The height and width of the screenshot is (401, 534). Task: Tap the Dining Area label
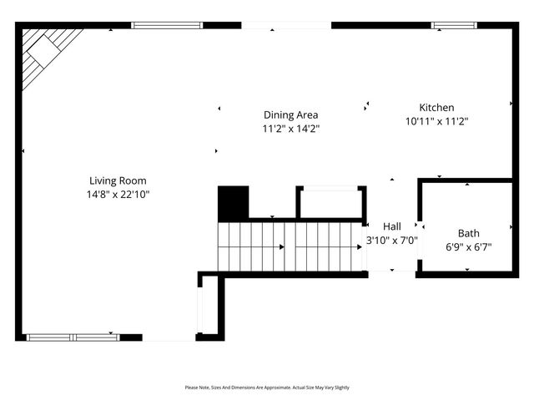tap(290, 115)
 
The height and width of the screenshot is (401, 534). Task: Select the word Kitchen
tap(436, 108)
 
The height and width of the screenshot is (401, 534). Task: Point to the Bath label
tap(468, 233)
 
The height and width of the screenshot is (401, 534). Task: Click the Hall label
tap(392, 226)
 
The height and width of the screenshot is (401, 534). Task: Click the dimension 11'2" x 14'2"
tap(290, 129)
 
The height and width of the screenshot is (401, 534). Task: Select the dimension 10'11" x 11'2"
tap(436, 121)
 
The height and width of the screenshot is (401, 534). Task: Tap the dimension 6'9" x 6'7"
tap(468, 246)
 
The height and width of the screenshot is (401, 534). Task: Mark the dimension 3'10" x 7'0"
tap(392, 241)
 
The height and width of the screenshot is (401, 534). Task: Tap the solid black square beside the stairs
tap(234, 203)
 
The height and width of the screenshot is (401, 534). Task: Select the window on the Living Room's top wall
tap(167, 25)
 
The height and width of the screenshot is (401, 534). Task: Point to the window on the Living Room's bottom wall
tap(73, 337)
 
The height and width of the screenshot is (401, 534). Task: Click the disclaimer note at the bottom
tap(267, 388)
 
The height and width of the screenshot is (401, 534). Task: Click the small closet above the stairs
tap(330, 203)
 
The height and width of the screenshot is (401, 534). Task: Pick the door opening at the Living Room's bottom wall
tap(169, 338)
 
